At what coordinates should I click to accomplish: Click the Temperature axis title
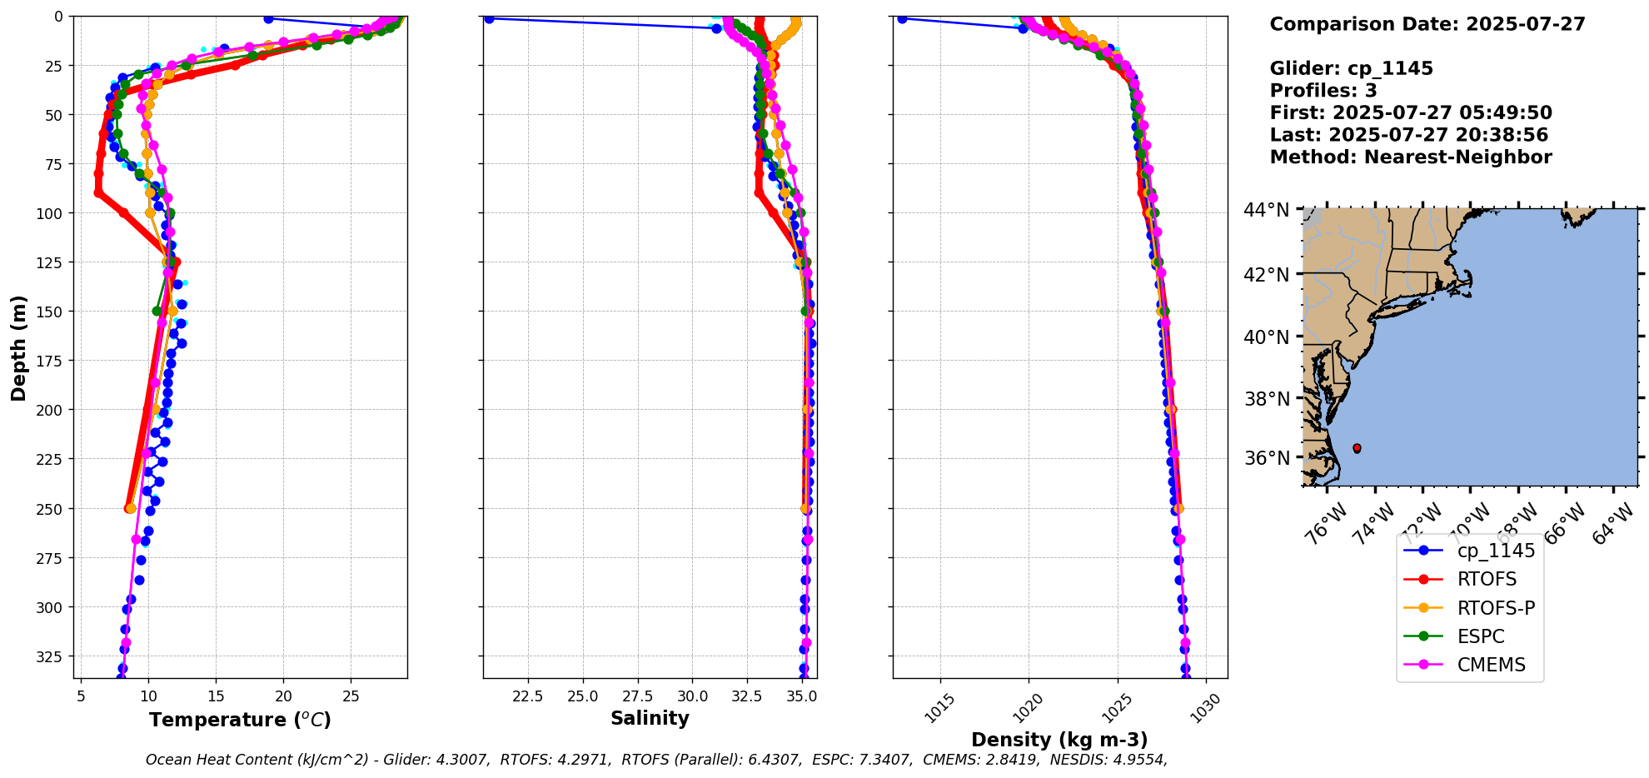click(x=240, y=720)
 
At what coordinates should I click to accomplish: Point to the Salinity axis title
click(x=650, y=719)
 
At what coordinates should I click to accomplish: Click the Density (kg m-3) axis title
click(x=1059, y=740)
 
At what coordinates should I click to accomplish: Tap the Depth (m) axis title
click(x=18, y=347)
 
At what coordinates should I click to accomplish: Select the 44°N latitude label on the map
click(x=1266, y=210)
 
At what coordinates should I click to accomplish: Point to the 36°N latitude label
click(x=1266, y=458)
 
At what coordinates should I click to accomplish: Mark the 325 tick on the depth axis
click(x=52, y=656)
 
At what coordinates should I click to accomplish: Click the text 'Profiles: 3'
click(x=1323, y=91)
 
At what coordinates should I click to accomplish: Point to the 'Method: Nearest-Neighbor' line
click(x=1411, y=157)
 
